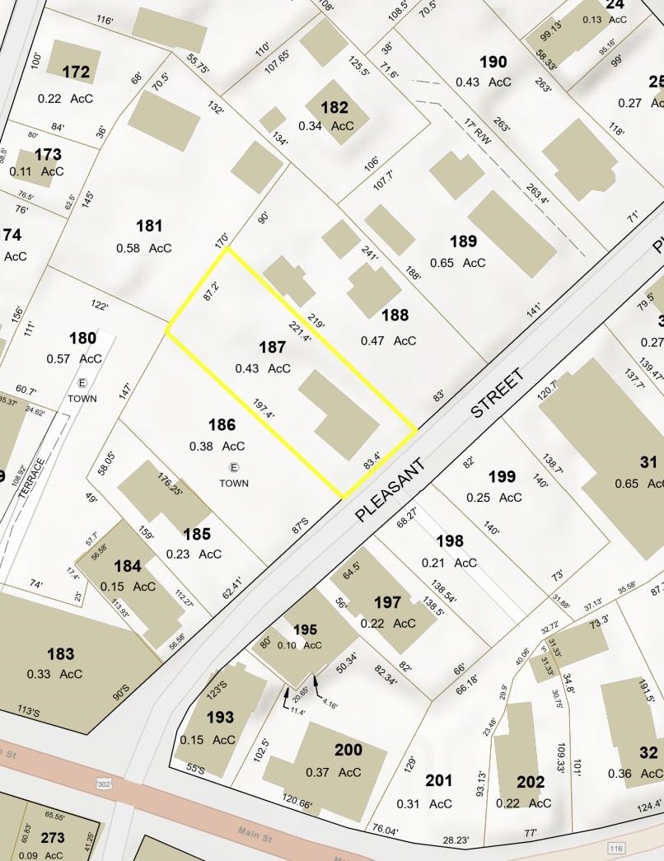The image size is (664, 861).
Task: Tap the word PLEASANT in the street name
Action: click(x=392, y=489)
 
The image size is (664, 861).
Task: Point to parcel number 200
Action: click(x=348, y=750)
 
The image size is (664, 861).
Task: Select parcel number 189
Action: click(x=463, y=241)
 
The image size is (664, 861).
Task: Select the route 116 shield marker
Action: click(x=616, y=848)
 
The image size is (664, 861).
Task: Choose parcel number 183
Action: click(x=60, y=654)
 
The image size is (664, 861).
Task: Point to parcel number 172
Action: click(x=76, y=73)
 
